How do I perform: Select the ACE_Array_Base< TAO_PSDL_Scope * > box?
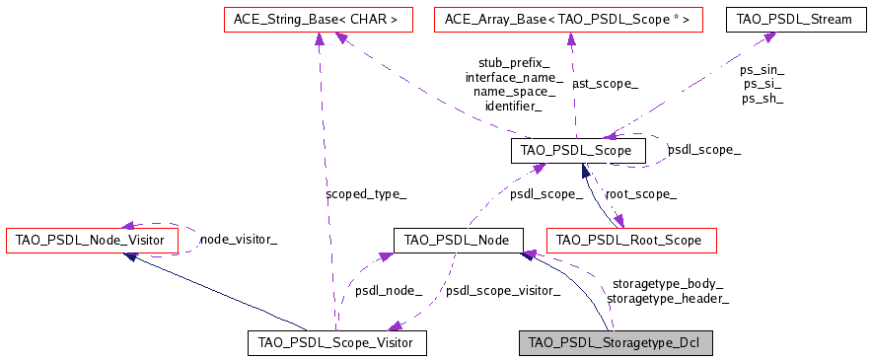[x=568, y=19]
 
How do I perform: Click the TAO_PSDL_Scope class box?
[x=578, y=151]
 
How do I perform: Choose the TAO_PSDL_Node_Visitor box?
[x=92, y=240]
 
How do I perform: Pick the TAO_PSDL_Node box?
[x=457, y=240]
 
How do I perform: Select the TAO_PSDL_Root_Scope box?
[x=631, y=240]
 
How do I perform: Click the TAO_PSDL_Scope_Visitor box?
[x=336, y=343]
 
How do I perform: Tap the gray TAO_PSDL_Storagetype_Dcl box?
[x=616, y=343]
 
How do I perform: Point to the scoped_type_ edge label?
[x=365, y=194]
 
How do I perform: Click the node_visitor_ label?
[x=239, y=239]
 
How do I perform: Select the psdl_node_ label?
[x=389, y=291]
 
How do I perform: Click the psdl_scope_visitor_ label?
[x=503, y=291]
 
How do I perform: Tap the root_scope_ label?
[x=640, y=194]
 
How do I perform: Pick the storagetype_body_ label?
[x=667, y=284]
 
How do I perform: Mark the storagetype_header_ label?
[x=668, y=298]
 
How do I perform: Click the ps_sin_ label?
[x=762, y=70]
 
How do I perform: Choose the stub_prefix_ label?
[x=514, y=63]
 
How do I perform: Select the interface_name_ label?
[x=514, y=77]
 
